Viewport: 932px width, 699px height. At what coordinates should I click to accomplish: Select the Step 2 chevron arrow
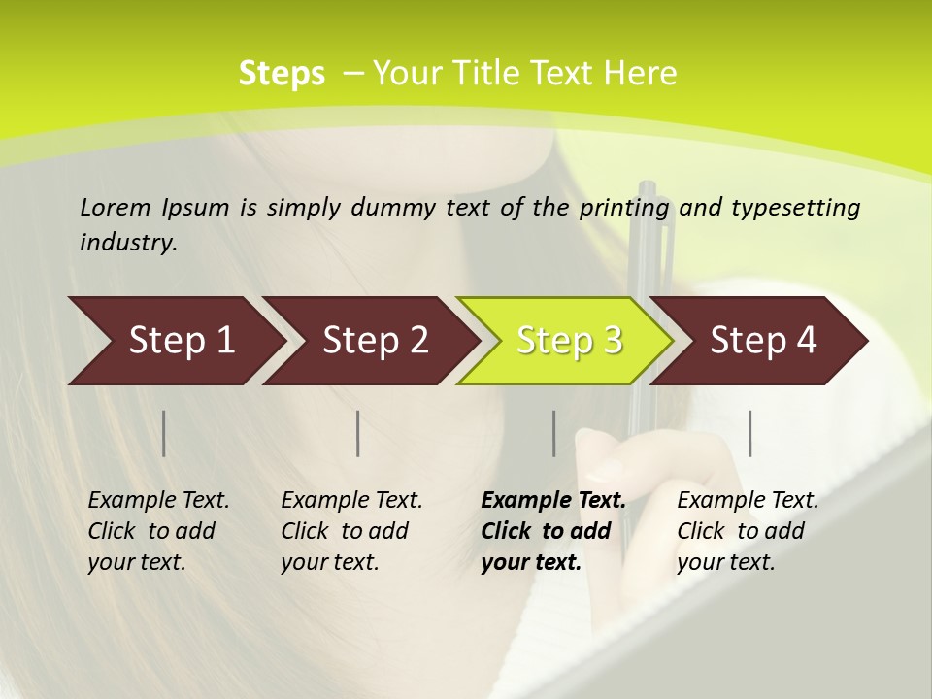[375, 341]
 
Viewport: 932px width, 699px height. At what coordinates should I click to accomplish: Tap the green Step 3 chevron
[569, 341]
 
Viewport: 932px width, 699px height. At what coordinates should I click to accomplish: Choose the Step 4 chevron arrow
[763, 341]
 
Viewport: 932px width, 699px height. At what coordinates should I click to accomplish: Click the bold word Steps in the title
[282, 74]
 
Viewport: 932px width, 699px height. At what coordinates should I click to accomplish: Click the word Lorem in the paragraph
[116, 207]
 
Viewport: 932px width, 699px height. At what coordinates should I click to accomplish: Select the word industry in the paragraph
[128, 242]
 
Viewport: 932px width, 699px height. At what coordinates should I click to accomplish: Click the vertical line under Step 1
[164, 433]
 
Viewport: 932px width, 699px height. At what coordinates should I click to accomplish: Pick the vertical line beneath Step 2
[358, 433]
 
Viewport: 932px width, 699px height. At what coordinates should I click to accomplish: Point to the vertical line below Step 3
[554, 433]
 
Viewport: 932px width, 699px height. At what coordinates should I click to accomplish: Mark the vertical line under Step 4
[749, 433]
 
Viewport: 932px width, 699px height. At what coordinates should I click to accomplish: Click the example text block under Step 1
[158, 531]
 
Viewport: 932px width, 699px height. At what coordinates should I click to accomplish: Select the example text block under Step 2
[351, 531]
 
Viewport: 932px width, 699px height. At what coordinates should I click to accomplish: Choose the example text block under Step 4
[748, 531]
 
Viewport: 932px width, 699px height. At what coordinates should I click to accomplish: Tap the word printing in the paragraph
[624, 208]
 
